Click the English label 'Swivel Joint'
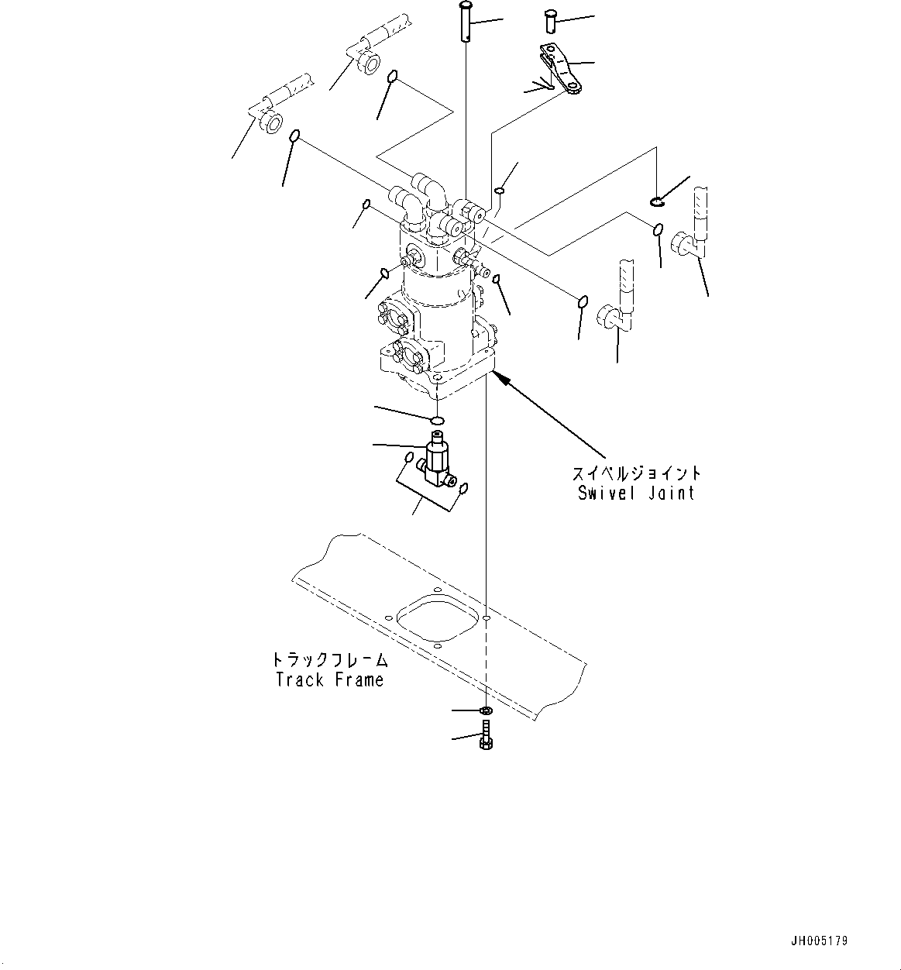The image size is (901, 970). pyautogui.click(x=636, y=493)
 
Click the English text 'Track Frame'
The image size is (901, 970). pyautogui.click(x=329, y=680)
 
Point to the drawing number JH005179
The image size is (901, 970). pyautogui.click(x=820, y=941)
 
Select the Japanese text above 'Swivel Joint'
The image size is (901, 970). pyautogui.click(x=636, y=473)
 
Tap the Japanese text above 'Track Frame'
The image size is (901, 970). pyautogui.click(x=329, y=660)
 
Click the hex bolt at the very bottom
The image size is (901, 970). pyautogui.click(x=486, y=734)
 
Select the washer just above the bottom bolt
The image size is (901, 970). pyautogui.click(x=486, y=710)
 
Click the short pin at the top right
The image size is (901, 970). pyautogui.click(x=552, y=20)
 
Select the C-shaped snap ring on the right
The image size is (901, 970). pyautogui.click(x=657, y=201)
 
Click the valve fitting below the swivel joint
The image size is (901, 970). pyautogui.click(x=438, y=465)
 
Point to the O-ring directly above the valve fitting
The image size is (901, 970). pyautogui.click(x=438, y=421)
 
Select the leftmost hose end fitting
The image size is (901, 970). pyautogui.click(x=269, y=122)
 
